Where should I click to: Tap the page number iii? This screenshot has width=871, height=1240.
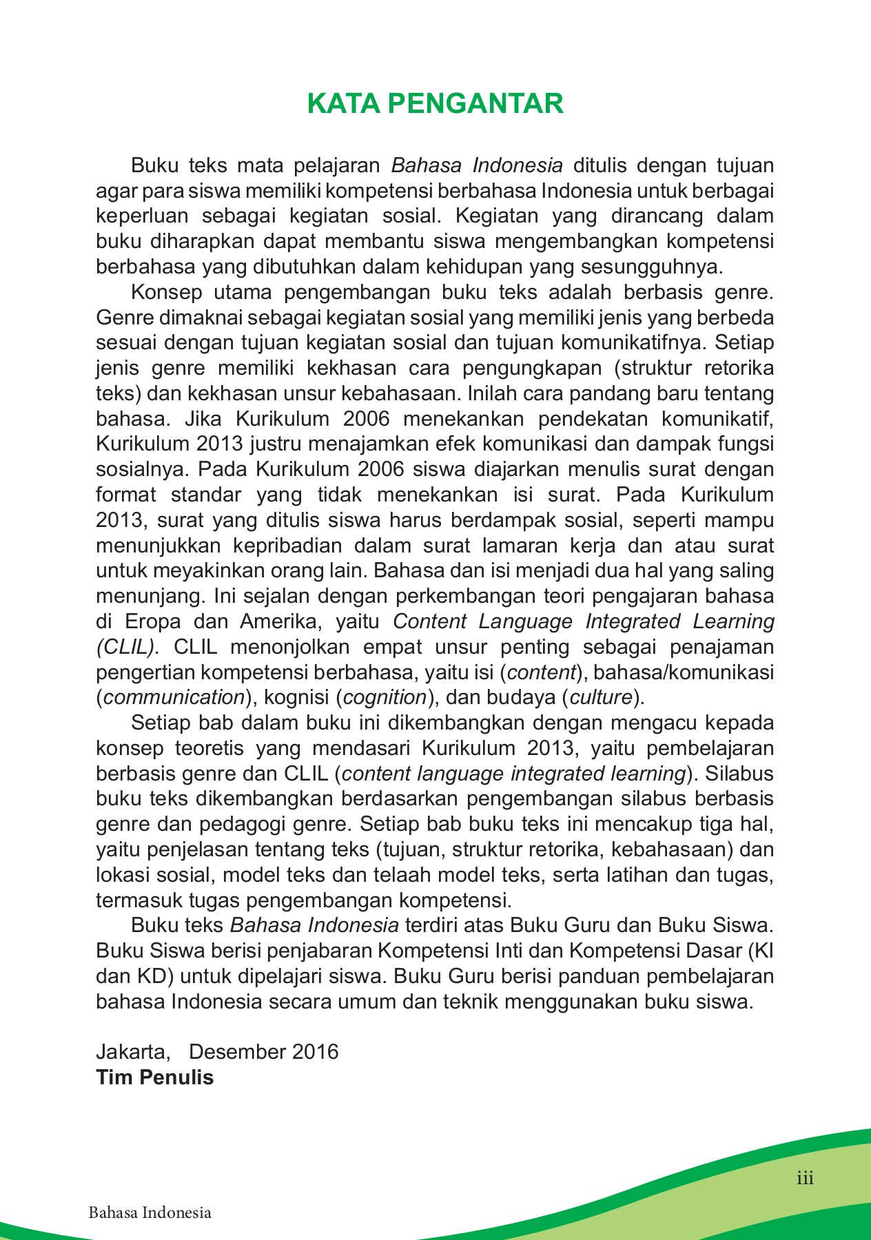[x=805, y=1178]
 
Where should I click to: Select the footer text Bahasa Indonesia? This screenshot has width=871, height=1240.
[x=150, y=1212]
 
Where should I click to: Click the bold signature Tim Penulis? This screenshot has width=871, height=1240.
[x=155, y=1077]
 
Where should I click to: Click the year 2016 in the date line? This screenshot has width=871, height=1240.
[x=315, y=1052]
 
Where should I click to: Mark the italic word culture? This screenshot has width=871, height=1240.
[x=601, y=697]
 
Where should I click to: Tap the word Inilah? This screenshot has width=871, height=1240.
[x=492, y=393]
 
